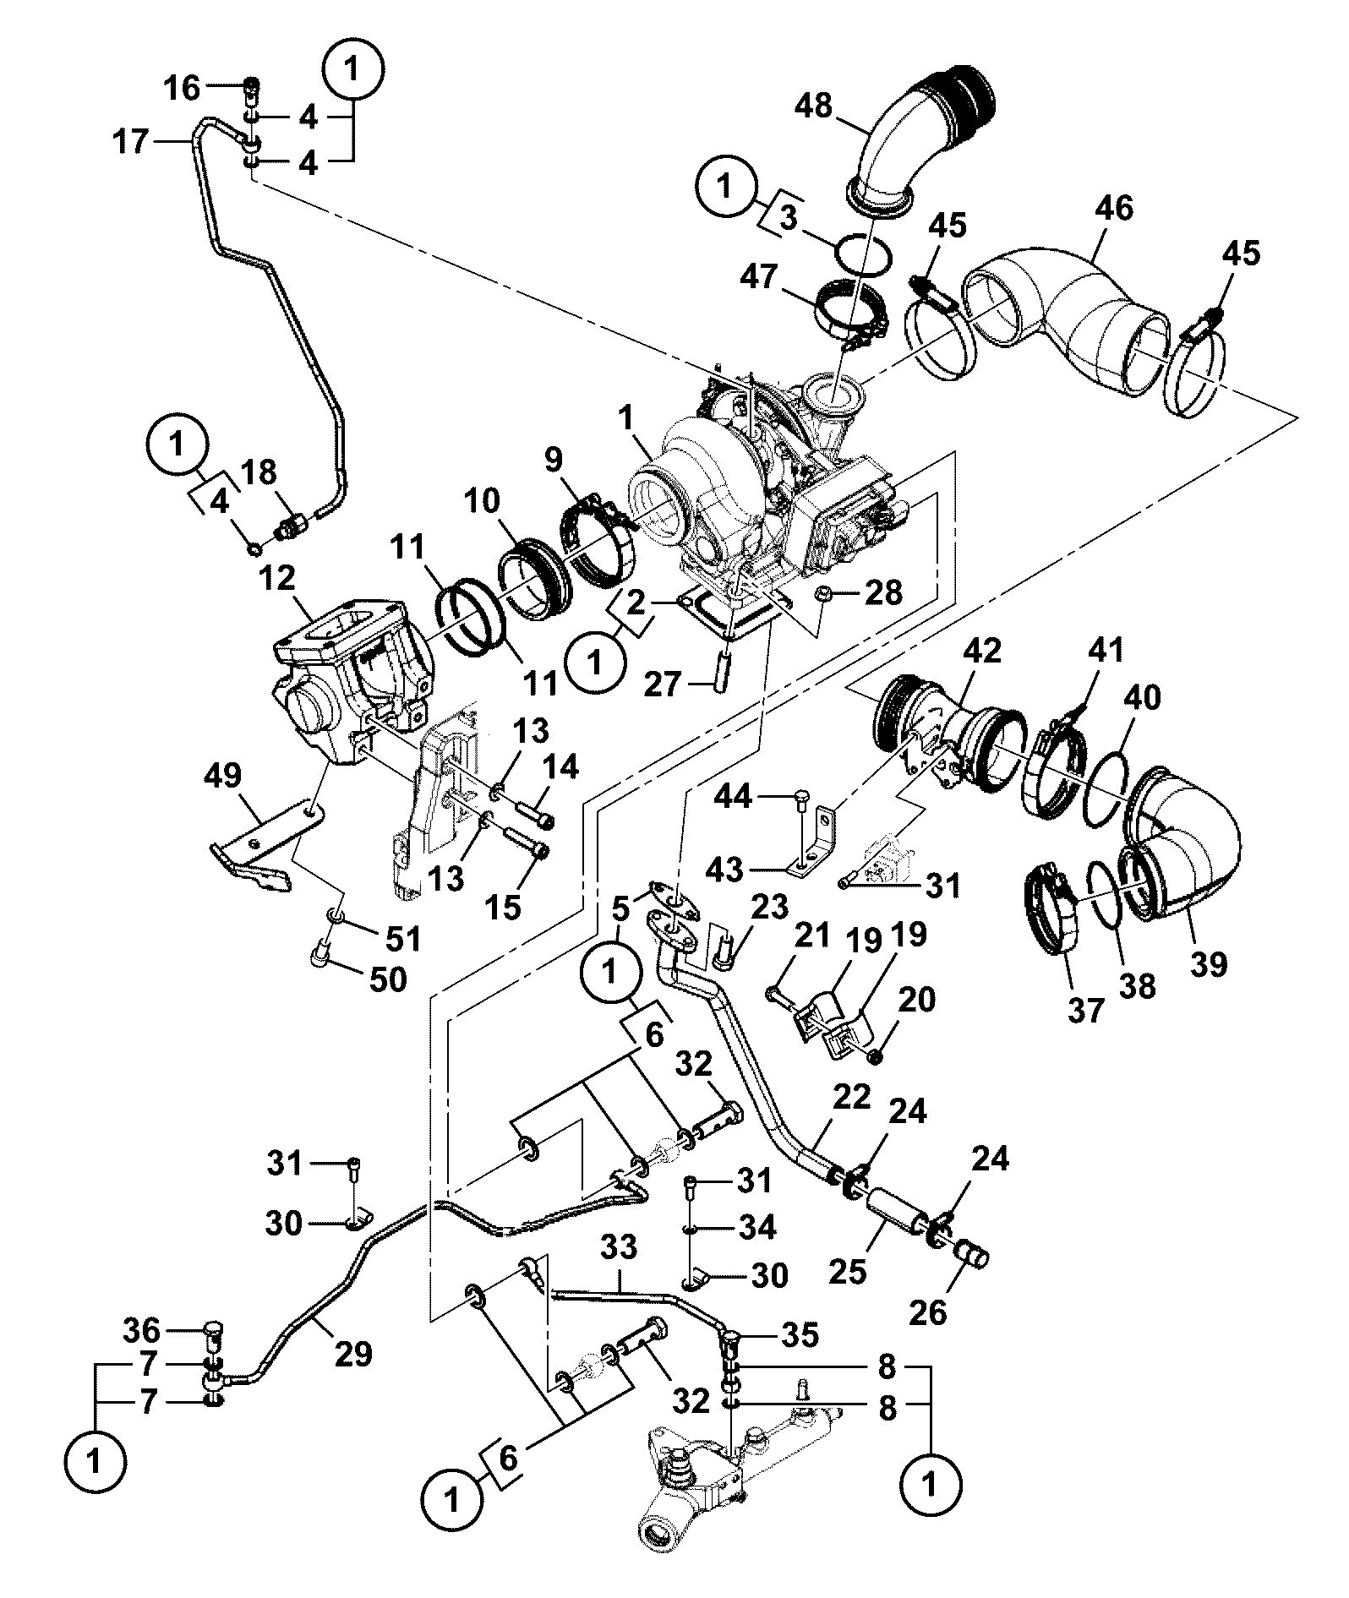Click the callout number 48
(813, 106)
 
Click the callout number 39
(1208, 963)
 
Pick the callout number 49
(221, 776)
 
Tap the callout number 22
(850, 1097)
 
